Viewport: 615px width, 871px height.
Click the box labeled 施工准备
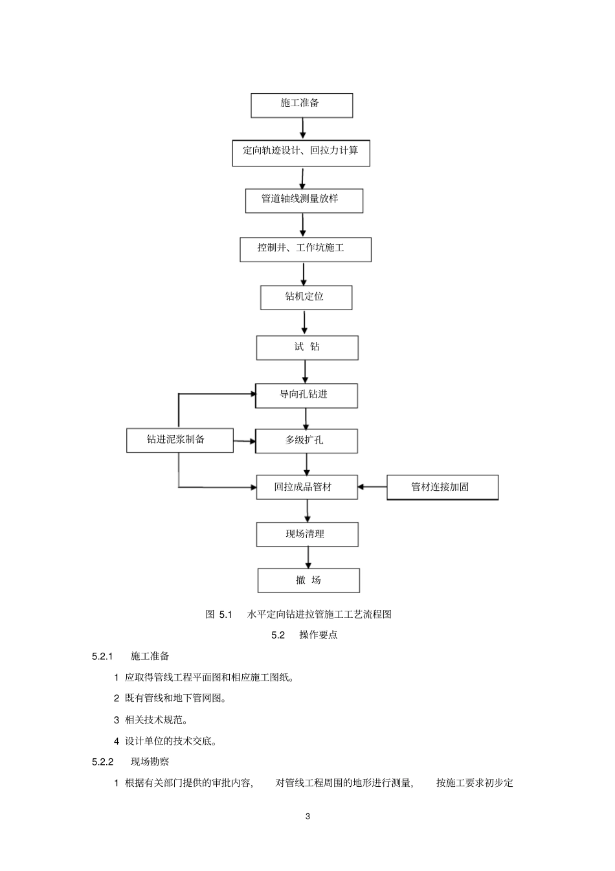(x=302, y=105)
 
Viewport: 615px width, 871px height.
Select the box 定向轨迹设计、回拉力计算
(x=301, y=153)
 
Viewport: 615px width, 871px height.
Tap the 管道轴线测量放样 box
(x=304, y=200)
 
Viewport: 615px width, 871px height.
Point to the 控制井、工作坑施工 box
(x=305, y=249)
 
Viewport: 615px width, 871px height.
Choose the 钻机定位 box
(x=306, y=298)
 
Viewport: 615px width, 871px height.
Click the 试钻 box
(x=307, y=348)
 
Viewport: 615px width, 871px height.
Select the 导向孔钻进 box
(x=306, y=396)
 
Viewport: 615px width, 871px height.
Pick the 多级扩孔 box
(x=306, y=441)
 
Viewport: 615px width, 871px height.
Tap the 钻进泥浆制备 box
(x=179, y=440)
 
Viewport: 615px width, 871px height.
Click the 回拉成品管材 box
(x=306, y=488)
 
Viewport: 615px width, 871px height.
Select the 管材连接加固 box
(x=442, y=488)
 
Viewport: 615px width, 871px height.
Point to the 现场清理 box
(x=307, y=535)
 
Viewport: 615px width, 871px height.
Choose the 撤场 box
(x=308, y=580)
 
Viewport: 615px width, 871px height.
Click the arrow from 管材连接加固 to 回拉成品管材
(x=372, y=486)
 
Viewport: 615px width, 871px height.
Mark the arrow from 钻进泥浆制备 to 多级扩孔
(x=245, y=442)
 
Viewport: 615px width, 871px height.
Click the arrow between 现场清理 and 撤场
(x=308, y=558)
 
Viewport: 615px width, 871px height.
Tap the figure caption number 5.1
(x=225, y=615)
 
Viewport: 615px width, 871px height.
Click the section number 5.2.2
(x=103, y=762)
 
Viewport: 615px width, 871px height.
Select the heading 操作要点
(x=319, y=635)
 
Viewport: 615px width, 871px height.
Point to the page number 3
(x=307, y=817)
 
